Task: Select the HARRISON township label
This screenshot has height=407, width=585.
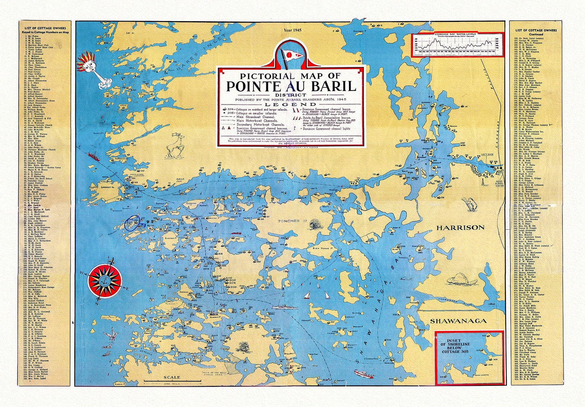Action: point(460,227)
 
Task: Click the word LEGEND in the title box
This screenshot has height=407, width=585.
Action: point(290,104)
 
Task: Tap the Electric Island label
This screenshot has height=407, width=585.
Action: point(171,238)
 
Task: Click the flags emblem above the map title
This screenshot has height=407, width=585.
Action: point(290,55)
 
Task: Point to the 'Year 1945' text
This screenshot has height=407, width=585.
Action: point(290,30)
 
